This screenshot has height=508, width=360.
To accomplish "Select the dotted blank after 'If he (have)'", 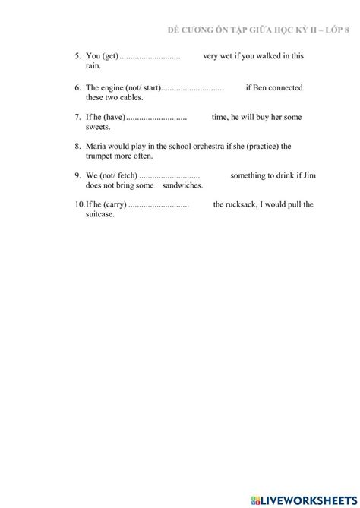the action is click(156, 118).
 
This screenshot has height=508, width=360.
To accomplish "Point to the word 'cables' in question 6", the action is click(130, 98).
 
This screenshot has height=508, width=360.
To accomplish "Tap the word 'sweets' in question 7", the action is click(98, 128).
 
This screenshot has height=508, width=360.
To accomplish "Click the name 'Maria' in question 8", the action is click(97, 147).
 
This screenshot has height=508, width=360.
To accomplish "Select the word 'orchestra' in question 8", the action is click(226, 147).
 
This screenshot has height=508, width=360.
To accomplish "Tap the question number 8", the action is click(77, 147).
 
